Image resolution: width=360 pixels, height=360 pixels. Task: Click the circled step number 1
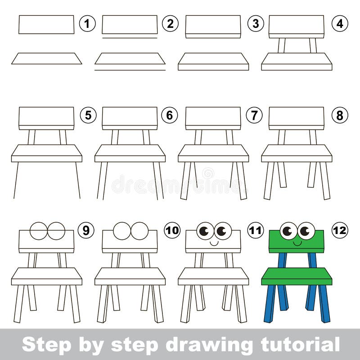pyautogui.click(x=87, y=24)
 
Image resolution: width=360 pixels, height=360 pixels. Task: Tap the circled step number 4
pyautogui.click(x=340, y=24)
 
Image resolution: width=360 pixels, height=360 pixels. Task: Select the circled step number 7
pyautogui.click(x=254, y=115)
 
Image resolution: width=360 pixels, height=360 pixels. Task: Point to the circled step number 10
pyautogui.click(x=171, y=230)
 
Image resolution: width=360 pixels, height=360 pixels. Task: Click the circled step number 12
pyautogui.click(x=340, y=230)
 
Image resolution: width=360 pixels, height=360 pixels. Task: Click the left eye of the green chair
pyautogui.click(x=288, y=231)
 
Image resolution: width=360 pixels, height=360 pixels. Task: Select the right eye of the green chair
pyautogui.click(x=306, y=231)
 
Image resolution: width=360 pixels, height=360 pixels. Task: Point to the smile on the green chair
pyautogui.click(x=297, y=243)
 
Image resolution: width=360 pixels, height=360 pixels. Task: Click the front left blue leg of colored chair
pyautogui.click(x=270, y=304)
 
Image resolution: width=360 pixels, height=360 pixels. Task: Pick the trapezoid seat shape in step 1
pyautogui.click(x=46, y=58)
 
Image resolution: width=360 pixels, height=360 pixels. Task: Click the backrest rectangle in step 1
pyautogui.click(x=46, y=24)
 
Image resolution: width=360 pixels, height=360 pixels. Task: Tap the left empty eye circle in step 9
pyautogui.click(x=39, y=231)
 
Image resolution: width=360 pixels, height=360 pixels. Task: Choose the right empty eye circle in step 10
pyautogui.click(x=139, y=231)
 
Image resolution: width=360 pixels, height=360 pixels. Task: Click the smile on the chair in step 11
pyautogui.click(x=214, y=243)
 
